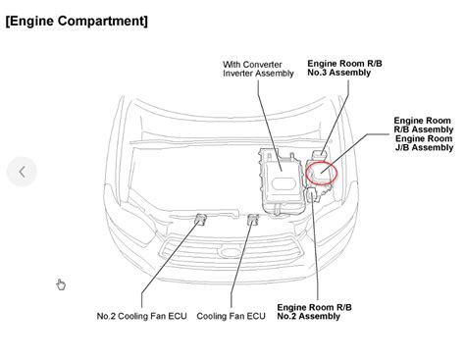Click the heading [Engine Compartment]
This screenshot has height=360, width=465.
point(77,20)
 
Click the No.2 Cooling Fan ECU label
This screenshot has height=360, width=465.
point(142,316)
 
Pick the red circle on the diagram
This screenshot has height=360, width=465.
point(320,173)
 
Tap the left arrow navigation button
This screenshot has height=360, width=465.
point(22,172)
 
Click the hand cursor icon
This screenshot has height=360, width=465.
point(61,284)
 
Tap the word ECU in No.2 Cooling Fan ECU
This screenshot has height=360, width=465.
point(178,316)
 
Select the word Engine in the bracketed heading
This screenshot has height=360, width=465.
point(35,20)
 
